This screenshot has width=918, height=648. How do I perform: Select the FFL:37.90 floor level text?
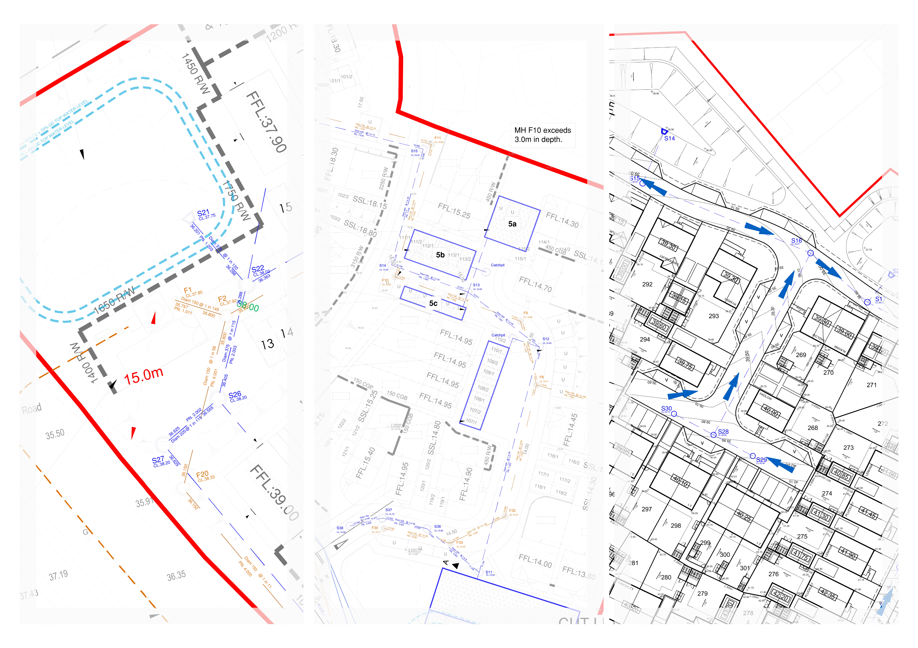(266, 122)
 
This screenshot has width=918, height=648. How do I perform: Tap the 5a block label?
(512, 224)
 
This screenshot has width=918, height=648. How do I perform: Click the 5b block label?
(440, 255)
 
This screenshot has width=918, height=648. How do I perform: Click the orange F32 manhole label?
(512, 511)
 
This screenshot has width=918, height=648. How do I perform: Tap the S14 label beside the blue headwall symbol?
(669, 139)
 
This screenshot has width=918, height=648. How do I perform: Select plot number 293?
(714, 316)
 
